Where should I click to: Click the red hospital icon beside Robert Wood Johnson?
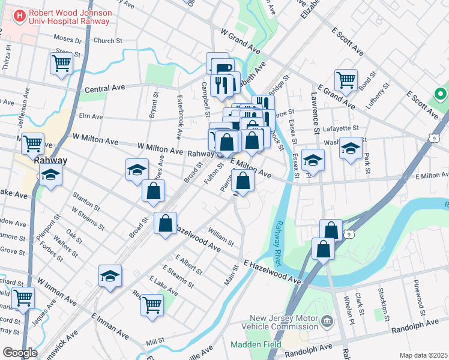[x=20, y=15]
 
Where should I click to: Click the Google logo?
[x=20, y=352]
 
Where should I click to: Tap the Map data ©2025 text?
[x=423, y=355]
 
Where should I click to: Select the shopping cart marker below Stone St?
[x=62, y=62]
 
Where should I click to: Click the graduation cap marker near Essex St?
[x=313, y=160]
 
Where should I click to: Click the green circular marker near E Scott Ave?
[x=440, y=94]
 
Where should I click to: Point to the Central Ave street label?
[x=104, y=88]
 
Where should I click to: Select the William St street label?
[x=221, y=236]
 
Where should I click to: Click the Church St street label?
[x=108, y=41]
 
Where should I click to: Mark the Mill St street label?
[x=155, y=341]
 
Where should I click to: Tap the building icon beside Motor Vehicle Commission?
[x=327, y=322]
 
